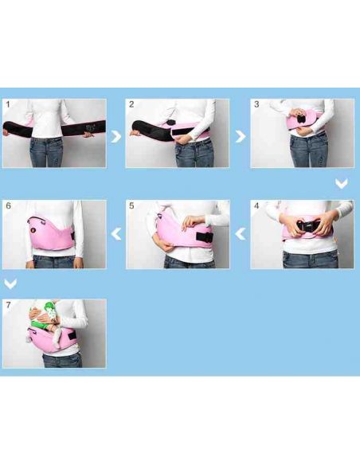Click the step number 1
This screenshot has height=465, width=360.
[x=8, y=104]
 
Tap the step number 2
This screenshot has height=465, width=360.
[x=131, y=104]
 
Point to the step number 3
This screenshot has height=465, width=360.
[x=256, y=104]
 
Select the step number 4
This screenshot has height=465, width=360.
[x=256, y=205]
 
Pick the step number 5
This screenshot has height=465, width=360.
[x=131, y=205]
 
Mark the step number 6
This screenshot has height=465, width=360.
[x=8, y=205]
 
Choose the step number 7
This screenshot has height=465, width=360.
[x=8, y=305]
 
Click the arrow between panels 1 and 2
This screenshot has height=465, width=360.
[x=115, y=136]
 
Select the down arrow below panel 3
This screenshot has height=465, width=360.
[x=342, y=184]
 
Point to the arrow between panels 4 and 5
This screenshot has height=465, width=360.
[x=240, y=234]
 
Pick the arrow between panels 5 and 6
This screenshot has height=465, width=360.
[x=116, y=234]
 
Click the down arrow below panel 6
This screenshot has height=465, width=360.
[x=10, y=283]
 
